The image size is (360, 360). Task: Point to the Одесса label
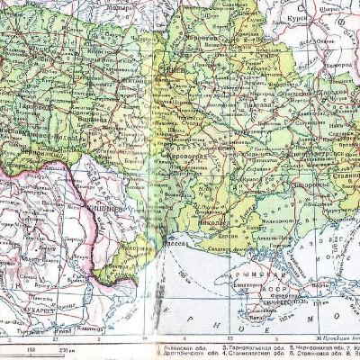[174, 240]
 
